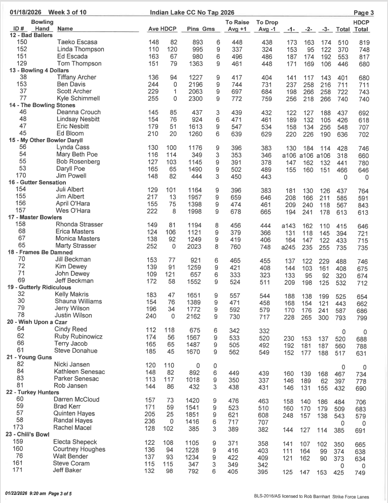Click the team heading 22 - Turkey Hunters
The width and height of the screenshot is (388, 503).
click(37, 392)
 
